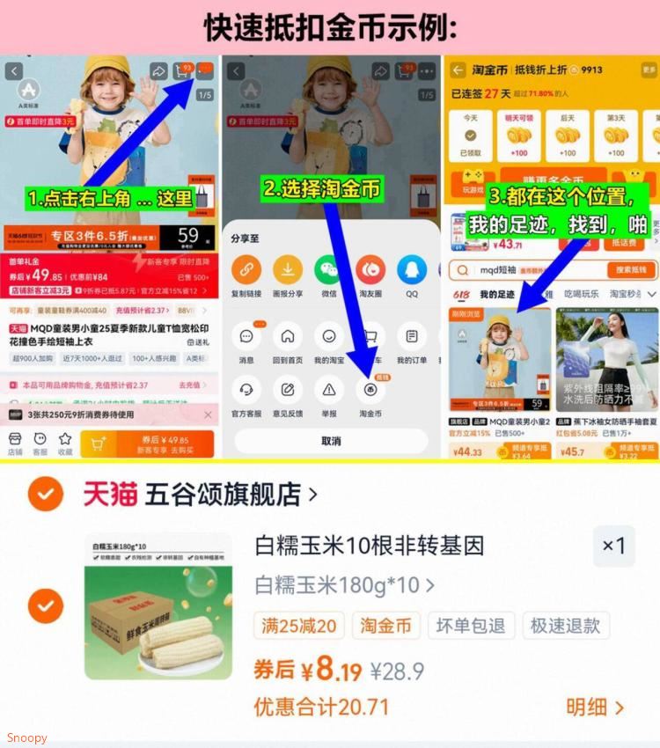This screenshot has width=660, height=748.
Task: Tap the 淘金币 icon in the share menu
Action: click(x=370, y=390)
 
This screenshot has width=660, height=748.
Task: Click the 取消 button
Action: click(x=331, y=441)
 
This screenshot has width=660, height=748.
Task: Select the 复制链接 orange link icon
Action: click(x=246, y=269)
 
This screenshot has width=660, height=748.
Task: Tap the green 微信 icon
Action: click(x=329, y=269)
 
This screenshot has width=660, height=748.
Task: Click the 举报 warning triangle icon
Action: click(x=329, y=390)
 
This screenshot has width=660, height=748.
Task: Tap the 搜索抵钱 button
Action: click(x=631, y=269)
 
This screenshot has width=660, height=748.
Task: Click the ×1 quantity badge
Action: click(x=613, y=546)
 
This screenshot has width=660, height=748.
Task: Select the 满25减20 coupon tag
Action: click(x=298, y=626)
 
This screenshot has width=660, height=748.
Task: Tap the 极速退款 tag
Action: click(x=565, y=626)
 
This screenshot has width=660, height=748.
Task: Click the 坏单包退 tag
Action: click(x=472, y=626)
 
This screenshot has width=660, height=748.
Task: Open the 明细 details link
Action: click(x=595, y=707)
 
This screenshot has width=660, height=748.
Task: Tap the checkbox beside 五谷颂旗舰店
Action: click(x=45, y=495)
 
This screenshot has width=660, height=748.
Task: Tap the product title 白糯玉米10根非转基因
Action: click(x=370, y=546)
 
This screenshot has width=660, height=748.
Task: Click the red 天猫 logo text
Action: click(x=110, y=495)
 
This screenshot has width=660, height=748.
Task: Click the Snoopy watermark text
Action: click(x=26, y=737)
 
